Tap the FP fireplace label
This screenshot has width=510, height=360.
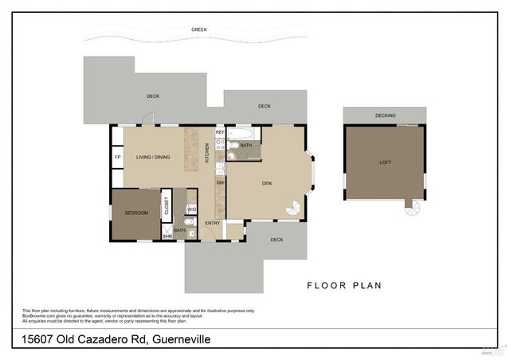point(118,158)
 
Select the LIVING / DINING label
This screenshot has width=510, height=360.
point(152,158)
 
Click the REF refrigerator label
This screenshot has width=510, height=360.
point(220,132)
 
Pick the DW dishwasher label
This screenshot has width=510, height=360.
point(220,183)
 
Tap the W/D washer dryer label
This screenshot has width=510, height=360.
point(191,209)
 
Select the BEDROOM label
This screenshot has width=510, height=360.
point(136,213)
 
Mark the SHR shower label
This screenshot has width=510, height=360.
point(167,237)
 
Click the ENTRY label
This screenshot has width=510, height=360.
point(213,224)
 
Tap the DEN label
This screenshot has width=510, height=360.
point(267,183)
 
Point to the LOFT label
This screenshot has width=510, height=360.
point(386,162)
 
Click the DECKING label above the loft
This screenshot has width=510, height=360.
point(386,116)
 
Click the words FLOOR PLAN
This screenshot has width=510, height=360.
point(344,285)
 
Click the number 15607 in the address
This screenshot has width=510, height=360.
point(40,339)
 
